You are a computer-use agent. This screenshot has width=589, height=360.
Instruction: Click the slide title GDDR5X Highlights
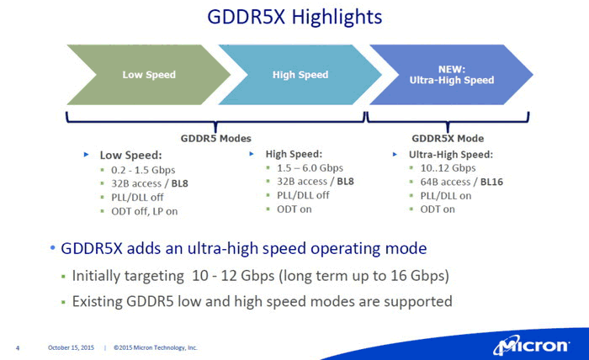point(294,18)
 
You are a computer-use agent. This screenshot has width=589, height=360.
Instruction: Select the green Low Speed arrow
point(149,75)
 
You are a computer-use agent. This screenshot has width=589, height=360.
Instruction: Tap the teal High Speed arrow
point(300,75)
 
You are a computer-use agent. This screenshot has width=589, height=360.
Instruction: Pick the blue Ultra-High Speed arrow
point(452,75)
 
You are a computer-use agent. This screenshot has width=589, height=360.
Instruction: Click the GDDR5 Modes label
point(216,138)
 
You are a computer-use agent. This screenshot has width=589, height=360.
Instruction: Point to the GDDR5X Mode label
point(448,138)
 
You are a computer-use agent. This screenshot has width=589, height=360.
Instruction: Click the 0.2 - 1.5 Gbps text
point(143,170)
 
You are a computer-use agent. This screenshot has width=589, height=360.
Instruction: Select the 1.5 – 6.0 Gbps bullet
point(310,167)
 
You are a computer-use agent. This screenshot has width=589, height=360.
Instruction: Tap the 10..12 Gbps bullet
point(448,167)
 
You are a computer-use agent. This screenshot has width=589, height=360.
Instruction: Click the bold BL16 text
point(491,182)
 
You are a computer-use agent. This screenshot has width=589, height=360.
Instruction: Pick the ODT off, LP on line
point(144,211)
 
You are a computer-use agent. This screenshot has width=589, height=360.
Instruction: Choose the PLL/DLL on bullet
point(445,196)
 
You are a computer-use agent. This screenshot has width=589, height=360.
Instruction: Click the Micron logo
point(532,345)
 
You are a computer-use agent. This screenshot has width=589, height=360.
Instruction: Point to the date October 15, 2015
point(71,347)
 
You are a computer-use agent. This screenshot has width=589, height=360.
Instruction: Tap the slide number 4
point(18,348)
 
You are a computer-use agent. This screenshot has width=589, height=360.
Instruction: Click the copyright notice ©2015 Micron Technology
point(155,347)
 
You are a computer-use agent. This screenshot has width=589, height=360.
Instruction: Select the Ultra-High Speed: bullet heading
point(451,154)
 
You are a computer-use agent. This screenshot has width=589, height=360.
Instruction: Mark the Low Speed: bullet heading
point(130,155)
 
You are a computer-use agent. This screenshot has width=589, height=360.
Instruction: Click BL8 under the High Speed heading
point(345,182)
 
